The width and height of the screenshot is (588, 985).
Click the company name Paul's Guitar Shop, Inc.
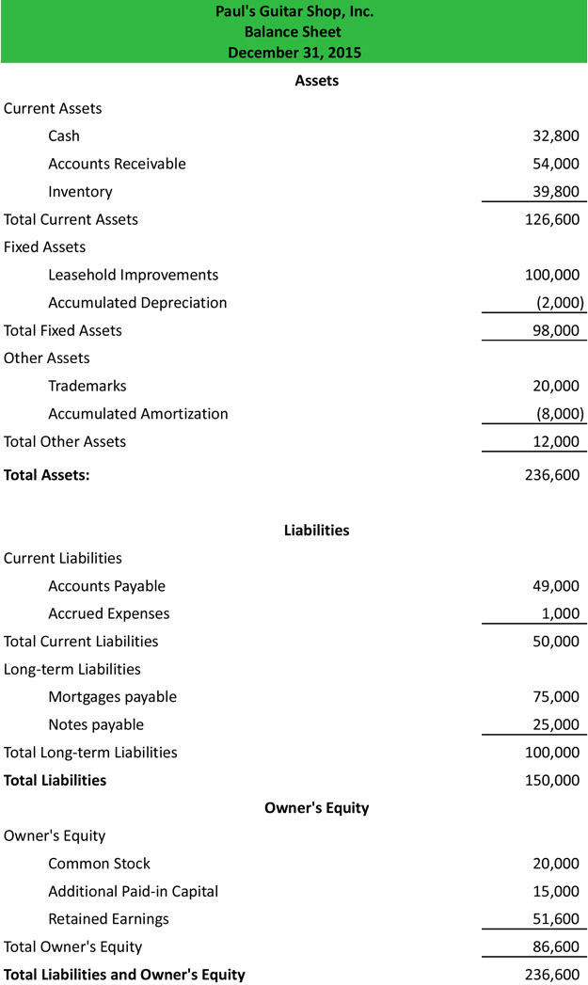click(x=294, y=12)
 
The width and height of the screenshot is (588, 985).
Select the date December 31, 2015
click(x=294, y=52)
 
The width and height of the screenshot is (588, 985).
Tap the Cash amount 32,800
click(x=556, y=135)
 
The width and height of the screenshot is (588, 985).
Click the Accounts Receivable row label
click(x=117, y=164)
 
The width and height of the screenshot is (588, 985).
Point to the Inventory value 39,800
click(x=556, y=191)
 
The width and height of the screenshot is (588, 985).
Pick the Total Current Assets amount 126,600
click(x=552, y=219)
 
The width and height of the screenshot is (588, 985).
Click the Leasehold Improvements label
click(x=133, y=275)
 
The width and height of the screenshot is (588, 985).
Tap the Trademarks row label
click(x=87, y=386)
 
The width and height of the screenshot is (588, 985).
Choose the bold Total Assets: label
click(x=47, y=475)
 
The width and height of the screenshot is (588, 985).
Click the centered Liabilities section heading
click(x=316, y=531)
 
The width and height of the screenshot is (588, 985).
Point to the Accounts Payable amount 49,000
click(x=556, y=586)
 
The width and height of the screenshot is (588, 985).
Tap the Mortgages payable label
click(x=112, y=697)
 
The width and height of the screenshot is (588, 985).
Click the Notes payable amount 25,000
click(x=556, y=724)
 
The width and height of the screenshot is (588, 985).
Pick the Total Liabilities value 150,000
click(x=552, y=780)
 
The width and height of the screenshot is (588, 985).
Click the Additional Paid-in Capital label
click(x=133, y=891)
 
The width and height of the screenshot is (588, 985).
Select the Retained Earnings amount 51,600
click(x=556, y=919)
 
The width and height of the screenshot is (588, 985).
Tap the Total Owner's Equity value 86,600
click(x=556, y=946)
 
